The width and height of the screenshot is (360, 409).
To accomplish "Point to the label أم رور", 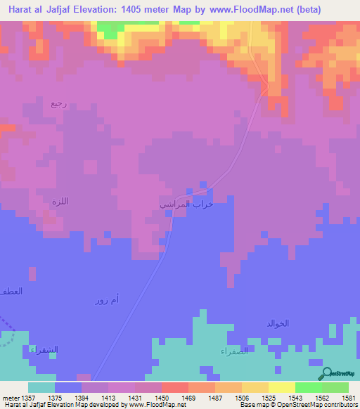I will tap(107, 301).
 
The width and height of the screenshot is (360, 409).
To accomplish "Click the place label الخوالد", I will tap(278, 323).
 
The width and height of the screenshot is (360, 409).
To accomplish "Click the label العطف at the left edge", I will tap(11, 290).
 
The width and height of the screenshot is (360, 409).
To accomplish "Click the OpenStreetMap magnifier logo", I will tap(326, 373).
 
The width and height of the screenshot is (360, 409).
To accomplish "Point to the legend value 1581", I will tap(347, 396).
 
